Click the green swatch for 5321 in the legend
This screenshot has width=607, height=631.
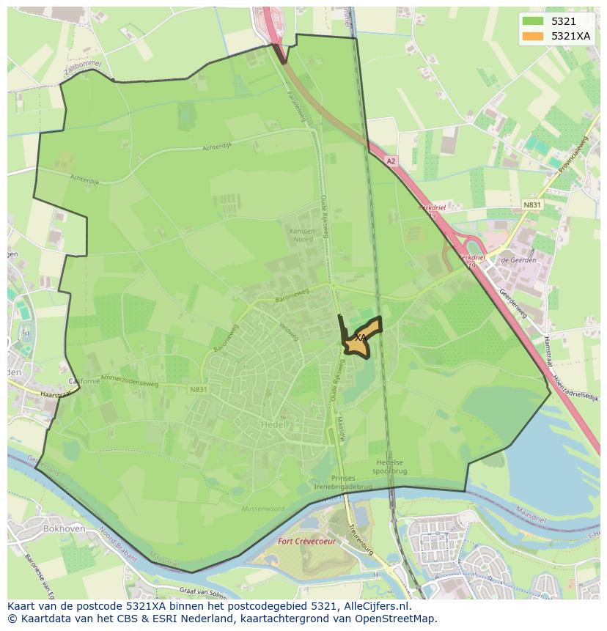point(533,21)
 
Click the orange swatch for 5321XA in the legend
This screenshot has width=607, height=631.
point(533,36)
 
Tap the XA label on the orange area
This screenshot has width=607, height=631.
point(359,337)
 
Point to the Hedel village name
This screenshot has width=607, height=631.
point(272,424)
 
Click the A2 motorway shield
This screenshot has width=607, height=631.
point(391,161)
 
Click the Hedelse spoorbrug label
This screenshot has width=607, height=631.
point(391,468)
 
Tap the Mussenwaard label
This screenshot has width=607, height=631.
point(262,508)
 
